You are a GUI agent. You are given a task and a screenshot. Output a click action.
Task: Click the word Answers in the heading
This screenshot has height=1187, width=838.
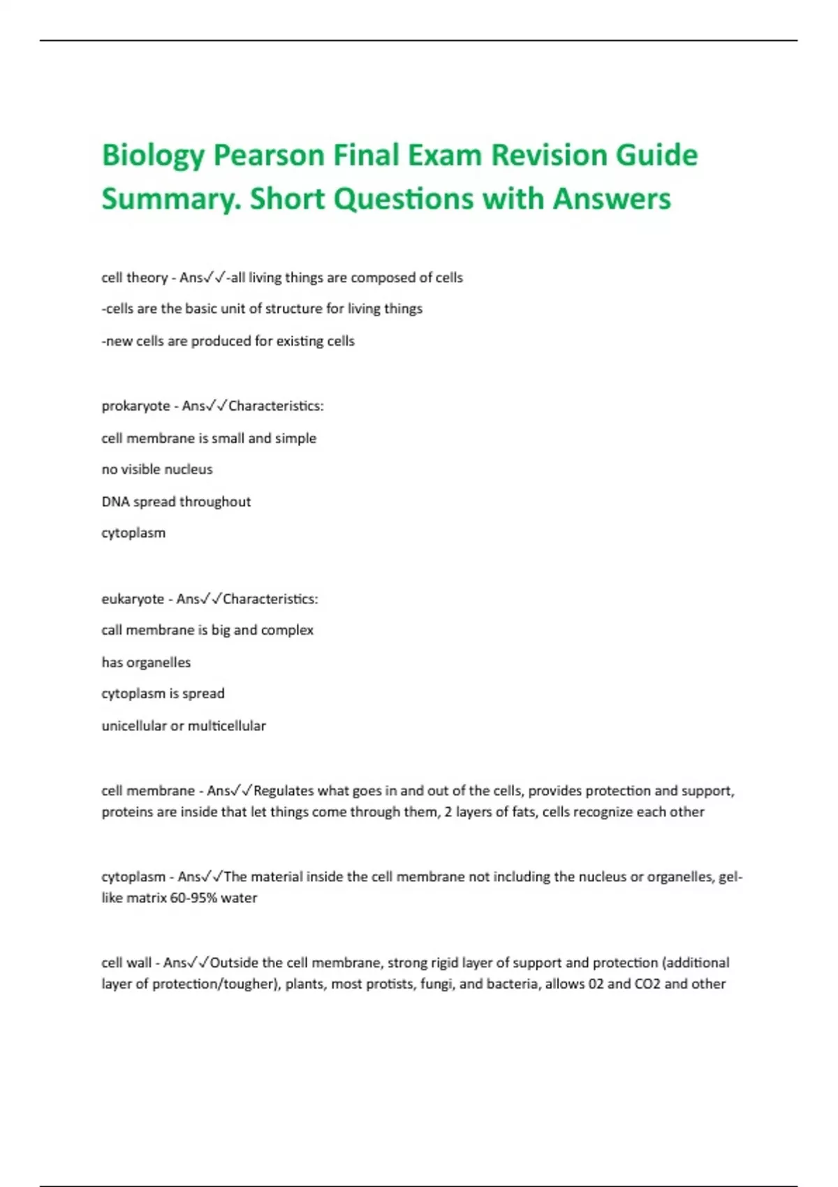[x=612, y=199]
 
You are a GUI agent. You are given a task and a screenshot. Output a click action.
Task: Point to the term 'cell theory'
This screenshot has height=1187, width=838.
[x=134, y=278]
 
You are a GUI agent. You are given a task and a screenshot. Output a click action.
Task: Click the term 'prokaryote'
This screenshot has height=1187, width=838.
[x=135, y=406]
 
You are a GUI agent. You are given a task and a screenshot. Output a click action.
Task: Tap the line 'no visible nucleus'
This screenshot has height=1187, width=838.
[x=157, y=470]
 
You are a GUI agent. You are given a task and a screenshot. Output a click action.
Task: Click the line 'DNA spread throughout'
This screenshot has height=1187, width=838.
[x=176, y=502]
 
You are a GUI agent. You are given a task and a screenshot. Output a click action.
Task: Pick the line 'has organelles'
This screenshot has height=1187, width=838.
[x=146, y=663]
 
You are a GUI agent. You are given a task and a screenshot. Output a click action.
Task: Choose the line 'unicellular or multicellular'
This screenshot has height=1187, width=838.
[x=184, y=726]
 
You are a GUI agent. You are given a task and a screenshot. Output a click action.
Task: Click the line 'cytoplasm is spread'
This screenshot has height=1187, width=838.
[x=163, y=694]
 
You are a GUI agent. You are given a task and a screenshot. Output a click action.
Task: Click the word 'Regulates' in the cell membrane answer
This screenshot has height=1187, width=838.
[x=284, y=791]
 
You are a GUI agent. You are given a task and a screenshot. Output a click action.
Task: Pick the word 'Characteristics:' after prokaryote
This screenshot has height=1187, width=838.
[x=276, y=406]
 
